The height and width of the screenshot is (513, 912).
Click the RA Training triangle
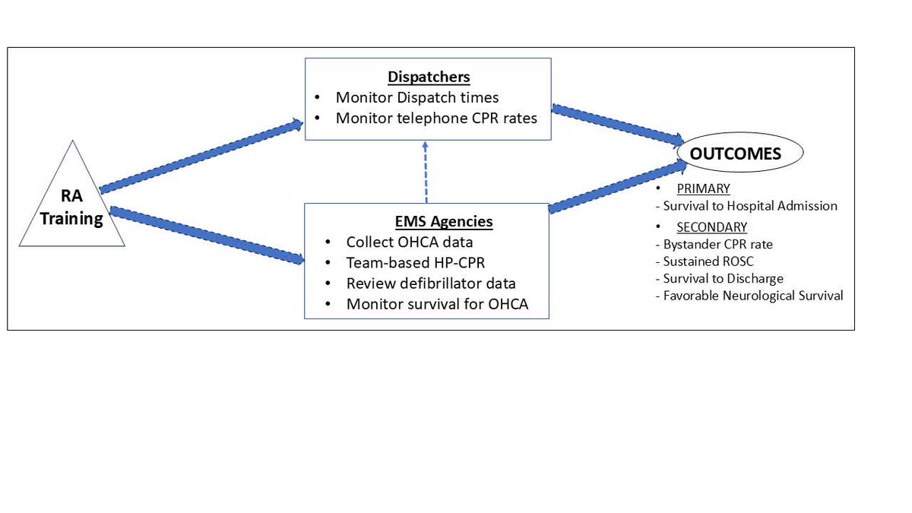(71, 207)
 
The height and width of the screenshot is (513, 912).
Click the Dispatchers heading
(429, 77)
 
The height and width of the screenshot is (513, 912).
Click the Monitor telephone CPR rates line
(437, 118)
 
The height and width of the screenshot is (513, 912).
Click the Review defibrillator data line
(431, 283)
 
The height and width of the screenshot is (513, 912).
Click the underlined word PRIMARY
(703, 188)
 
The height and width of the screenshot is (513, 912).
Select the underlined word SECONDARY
(711, 226)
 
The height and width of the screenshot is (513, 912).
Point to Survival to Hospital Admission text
(749, 206)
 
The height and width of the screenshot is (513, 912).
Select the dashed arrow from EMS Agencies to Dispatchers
(426, 171)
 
